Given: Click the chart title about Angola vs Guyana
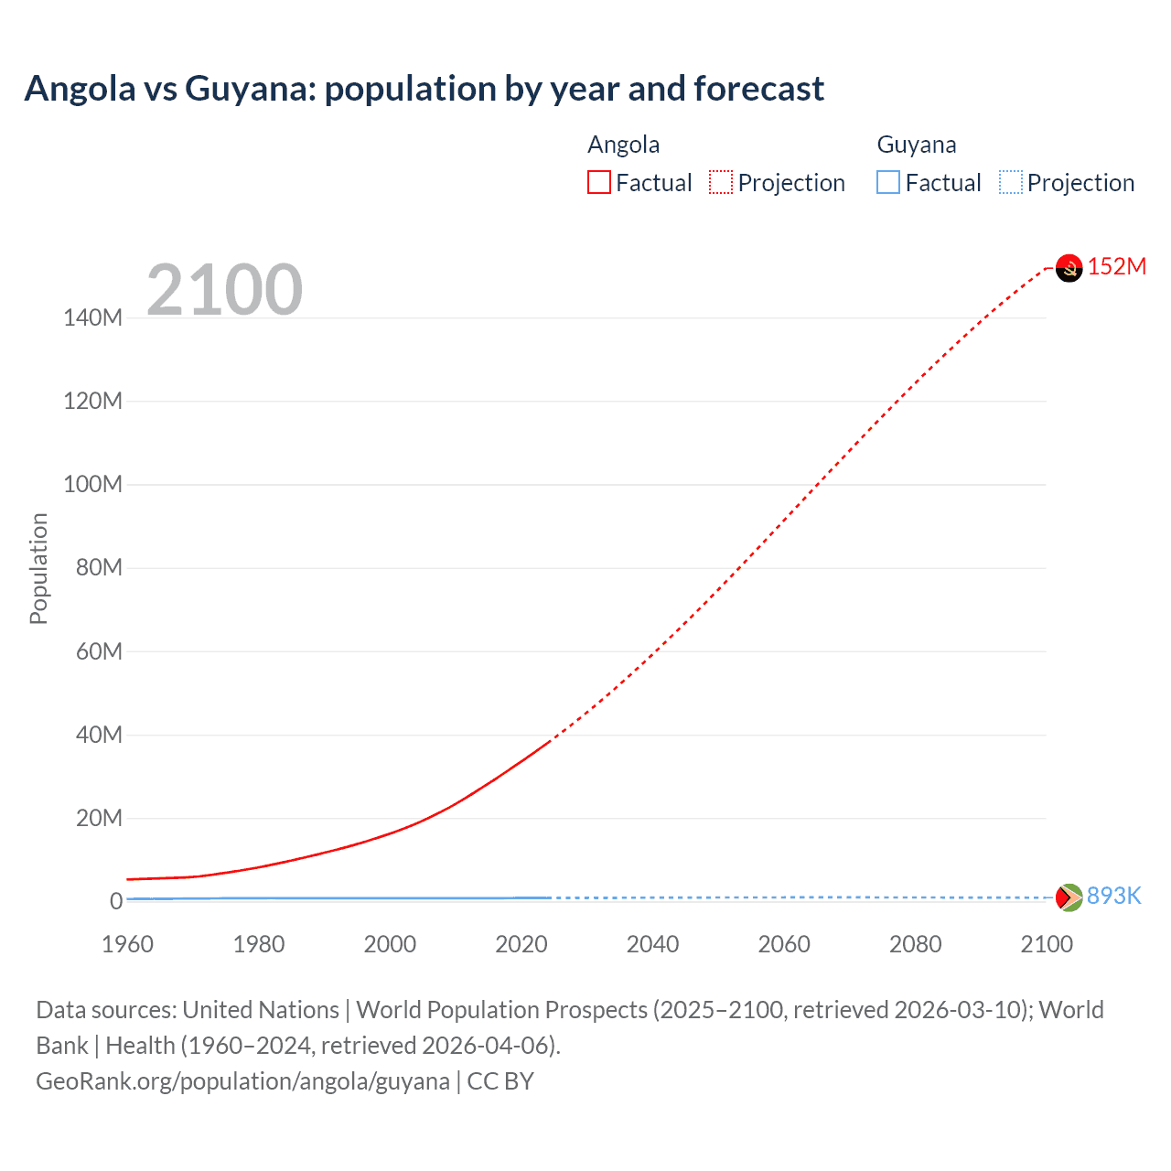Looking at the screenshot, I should [x=424, y=89].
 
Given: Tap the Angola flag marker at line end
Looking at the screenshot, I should [x=1069, y=267].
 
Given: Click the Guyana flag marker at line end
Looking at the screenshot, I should [x=1069, y=897].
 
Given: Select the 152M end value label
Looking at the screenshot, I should [x=1116, y=266].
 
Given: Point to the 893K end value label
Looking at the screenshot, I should [x=1113, y=896].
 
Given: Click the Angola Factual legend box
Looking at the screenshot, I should [x=599, y=183].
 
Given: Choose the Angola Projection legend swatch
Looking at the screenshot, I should [x=721, y=183].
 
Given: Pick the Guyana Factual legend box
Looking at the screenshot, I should [x=888, y=183].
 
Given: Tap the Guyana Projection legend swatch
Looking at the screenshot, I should [x=1011, y=183].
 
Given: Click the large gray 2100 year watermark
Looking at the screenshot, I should [x=224, y=290].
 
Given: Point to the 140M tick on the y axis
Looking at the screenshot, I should [x=92, y=318].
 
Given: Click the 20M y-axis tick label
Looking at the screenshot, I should [x=98, y=818].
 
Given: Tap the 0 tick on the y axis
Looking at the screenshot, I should [x=116, y=901].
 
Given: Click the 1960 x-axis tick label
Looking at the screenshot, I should [x=127, y=944].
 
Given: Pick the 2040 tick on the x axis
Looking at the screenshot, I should [x=652, y=944].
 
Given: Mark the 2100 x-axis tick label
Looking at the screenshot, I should [x=1047, y=944].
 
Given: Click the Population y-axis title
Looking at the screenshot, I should [x=38, y=568].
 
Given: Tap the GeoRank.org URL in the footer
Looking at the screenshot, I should [x=242, y=1081].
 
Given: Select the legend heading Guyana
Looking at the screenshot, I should [x=917, y=145].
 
